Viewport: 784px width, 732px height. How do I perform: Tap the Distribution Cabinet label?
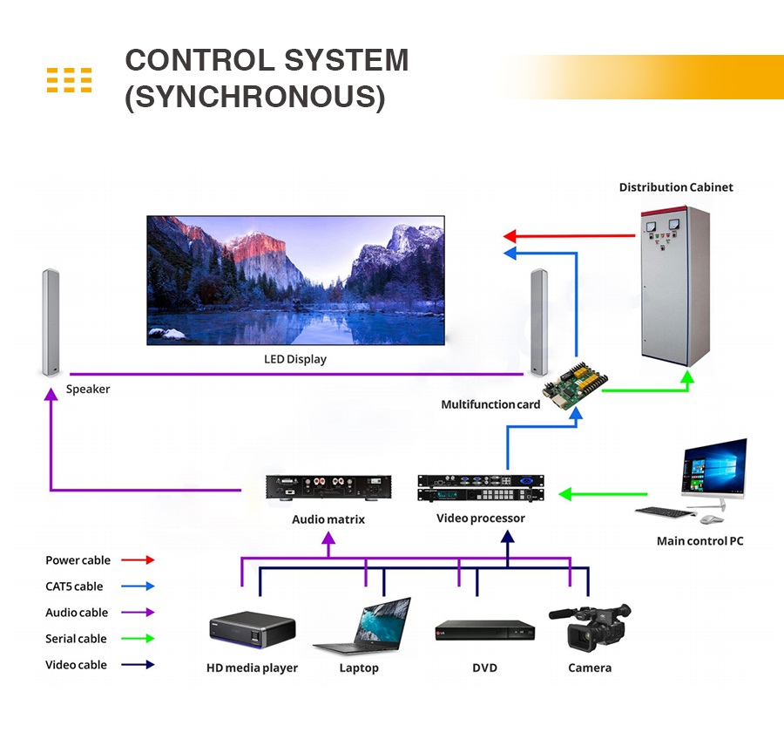pos(676,187)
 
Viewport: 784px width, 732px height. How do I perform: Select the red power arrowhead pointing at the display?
pos(510,236)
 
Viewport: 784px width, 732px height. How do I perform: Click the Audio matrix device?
pos(328,487)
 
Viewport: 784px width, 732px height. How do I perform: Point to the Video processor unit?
pos(481,488)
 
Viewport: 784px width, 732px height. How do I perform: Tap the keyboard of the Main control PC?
pos(666,512)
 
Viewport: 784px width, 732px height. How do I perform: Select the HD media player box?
pos(253,629)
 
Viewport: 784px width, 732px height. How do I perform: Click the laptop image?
pos(362,627)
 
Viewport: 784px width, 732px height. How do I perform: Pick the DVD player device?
pos(485,631)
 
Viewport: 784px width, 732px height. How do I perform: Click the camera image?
pos(590,627)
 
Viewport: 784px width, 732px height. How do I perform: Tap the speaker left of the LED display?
pos(51,322)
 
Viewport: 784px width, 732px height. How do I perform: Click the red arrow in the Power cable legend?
pos(138,559)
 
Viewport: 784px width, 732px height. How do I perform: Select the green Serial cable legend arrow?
pos(138,639)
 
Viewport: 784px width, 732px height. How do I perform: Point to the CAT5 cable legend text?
pos(74,586)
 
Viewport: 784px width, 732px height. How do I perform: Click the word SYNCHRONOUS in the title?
pos(255,97)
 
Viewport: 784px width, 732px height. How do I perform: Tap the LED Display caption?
pos(295,359)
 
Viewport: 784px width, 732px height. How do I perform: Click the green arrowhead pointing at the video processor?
pos(565,494)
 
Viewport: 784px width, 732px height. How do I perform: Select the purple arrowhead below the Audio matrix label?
pos(328,538)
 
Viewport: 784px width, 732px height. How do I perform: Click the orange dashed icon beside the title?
pos(69,80)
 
